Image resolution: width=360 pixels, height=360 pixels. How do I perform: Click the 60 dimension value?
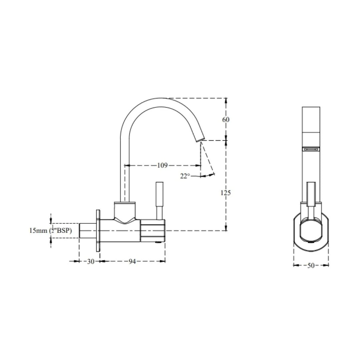click(x=226, y=119)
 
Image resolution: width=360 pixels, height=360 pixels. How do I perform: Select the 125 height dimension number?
click(x=226, y=193)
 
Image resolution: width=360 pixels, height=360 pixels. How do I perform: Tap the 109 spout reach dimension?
click(x=162, y=165)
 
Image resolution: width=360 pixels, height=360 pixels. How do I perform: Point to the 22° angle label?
click(x=185, y=176)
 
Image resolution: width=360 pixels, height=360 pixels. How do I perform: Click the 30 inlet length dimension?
click(x=90, y=261)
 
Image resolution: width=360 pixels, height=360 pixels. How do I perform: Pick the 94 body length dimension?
click(x=132, y=261)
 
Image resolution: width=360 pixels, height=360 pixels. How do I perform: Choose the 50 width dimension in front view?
click(x=311, y=266)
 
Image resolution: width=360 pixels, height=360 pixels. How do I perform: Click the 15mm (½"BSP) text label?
click(x=50, y=230)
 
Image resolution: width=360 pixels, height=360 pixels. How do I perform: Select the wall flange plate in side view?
click(x=98, y=230)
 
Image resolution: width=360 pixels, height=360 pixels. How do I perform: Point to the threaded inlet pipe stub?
click(x=87, y=231)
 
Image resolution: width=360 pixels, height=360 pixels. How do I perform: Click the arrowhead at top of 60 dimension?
click(x=226, y=100)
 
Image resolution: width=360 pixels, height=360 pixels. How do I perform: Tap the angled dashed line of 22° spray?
click(x=208, y=159)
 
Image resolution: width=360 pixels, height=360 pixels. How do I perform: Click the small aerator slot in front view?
click(x=311, y=149)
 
